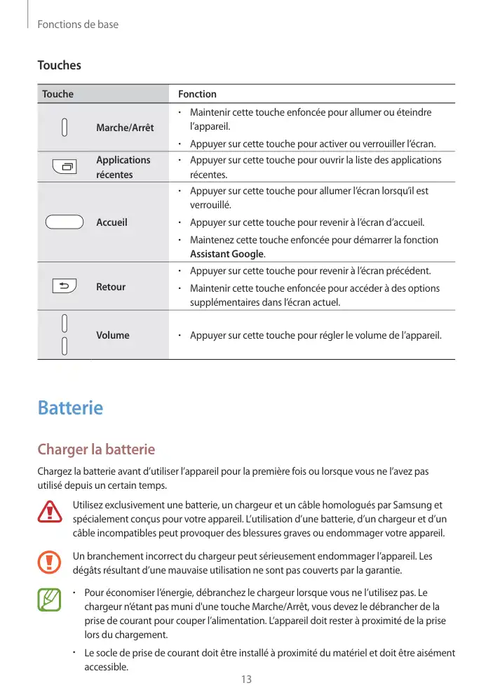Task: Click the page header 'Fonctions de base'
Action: click(x=78, y=25)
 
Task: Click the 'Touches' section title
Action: click(x=59, y=65)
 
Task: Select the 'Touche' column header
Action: click(x=58, y=94)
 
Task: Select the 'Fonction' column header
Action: click(x=197, y=94)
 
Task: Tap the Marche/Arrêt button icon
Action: click(x=65, y=128)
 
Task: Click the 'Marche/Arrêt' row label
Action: click(x=125, y=128)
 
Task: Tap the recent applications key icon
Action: click(x=65, y=167)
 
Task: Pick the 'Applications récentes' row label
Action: click(x=123, y=167)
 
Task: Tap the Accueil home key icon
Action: click(x=65, y=222)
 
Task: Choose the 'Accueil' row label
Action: click(x=112, y=222)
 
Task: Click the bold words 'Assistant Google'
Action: click(x=227, y=254)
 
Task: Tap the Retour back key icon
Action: click(x=65, y=286)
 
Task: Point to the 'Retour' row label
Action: click(x=111, y=287)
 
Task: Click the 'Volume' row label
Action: click(x=113, y=335)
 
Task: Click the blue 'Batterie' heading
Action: click(x=70, y=407)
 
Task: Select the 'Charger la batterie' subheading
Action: click(x=96, y=449)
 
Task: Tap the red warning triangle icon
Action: click(x=50, y=513)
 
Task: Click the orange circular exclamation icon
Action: click(x=50, y=562)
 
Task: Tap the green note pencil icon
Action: click(x=50, y=600)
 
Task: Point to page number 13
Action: click(x=246, y=679)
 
